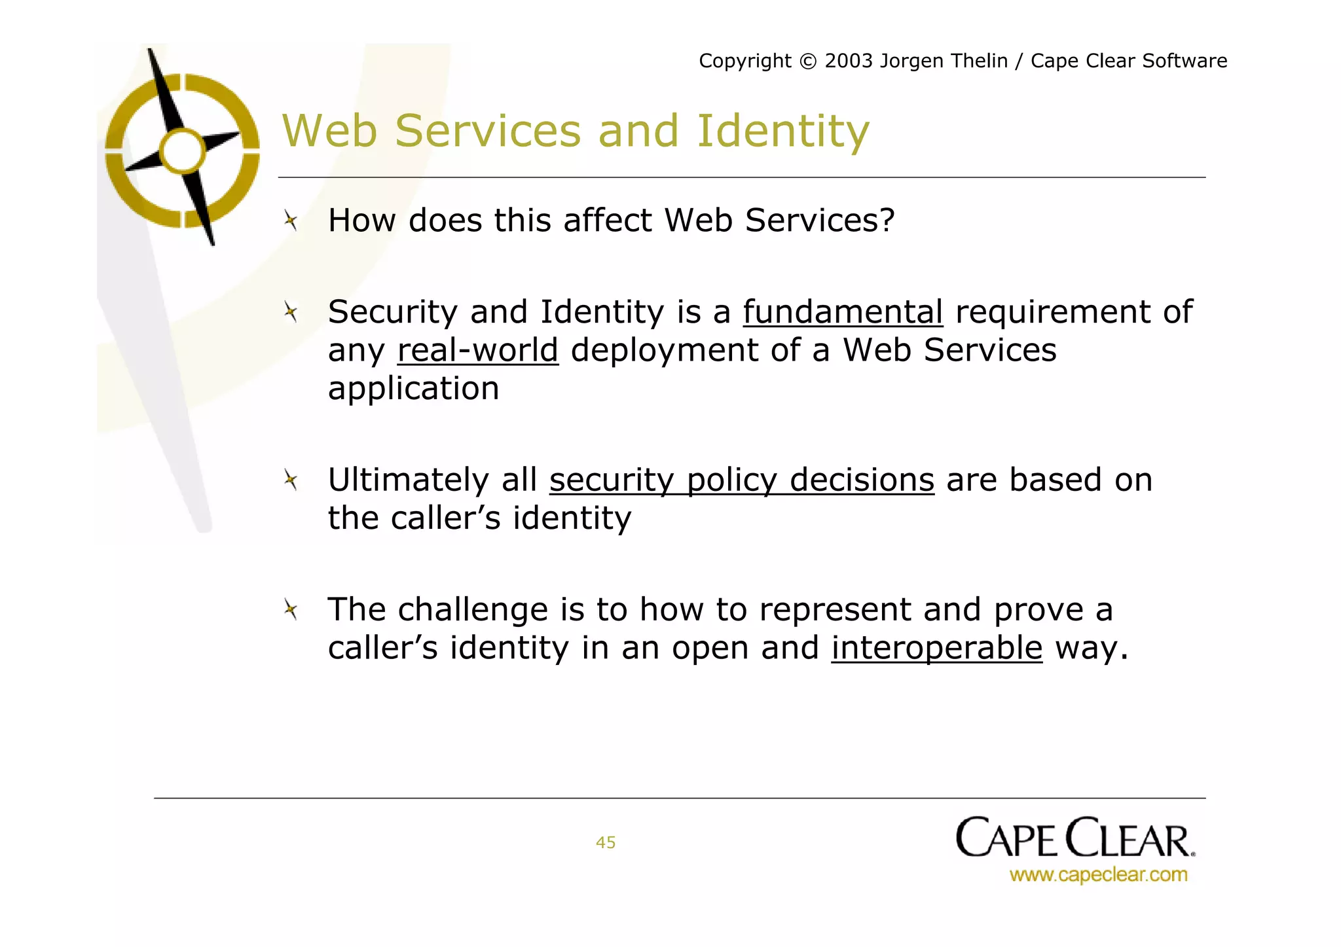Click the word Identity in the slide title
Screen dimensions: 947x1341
pos(782,131)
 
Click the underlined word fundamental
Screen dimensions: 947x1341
pos(843,312)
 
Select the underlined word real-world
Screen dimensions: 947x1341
pos(477,351)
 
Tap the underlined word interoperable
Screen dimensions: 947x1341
pos(936,649)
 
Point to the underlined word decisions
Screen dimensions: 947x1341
pos(862,480)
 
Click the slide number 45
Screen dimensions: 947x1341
pos(606,842)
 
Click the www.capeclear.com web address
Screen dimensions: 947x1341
pos(1098,874)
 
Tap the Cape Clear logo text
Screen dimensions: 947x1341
pos(1075,838)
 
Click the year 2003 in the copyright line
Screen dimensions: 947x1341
pos(849,61)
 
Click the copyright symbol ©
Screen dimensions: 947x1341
pos(808,62)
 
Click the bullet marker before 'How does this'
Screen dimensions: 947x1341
pos(291,221)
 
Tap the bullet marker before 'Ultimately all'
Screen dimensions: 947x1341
pos(291,480)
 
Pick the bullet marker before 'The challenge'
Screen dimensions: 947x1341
pos(291,610)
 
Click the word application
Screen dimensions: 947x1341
pos(413,389)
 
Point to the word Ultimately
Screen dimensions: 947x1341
pos(408,480)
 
